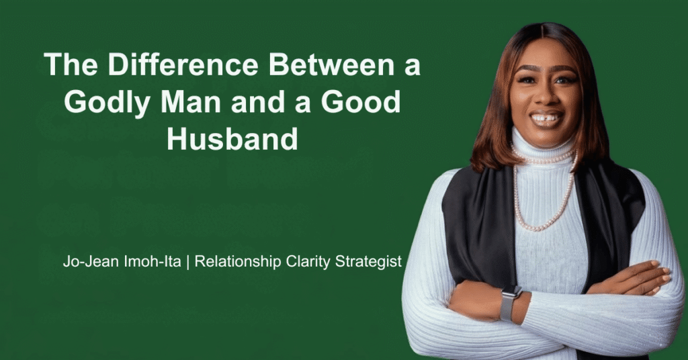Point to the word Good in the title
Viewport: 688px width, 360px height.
click(361, 101)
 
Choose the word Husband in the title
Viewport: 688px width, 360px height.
click(232, 139)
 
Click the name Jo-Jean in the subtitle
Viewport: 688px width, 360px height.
click(91, 261)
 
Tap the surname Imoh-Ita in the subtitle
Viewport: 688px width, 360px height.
click(153, 261)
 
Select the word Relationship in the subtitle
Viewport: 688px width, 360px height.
click(238, 262)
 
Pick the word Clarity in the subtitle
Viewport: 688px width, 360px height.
click(308, 262)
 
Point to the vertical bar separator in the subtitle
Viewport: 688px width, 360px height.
click(188, 262)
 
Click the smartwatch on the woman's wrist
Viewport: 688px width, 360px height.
click(511, 303)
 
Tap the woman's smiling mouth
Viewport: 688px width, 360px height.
click(546, 119)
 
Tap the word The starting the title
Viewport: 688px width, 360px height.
click(71, 64)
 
